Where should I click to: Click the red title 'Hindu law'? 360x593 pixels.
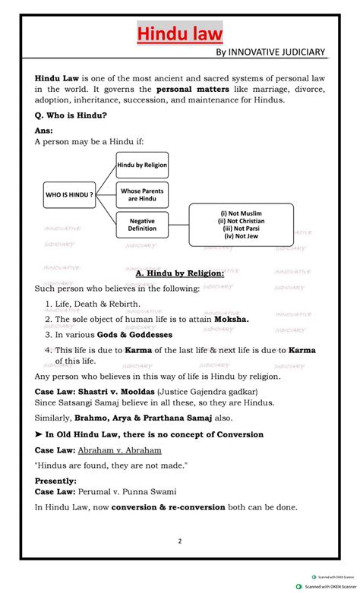click(x=180, y=34)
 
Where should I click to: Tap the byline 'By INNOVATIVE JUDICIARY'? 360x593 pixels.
click(x=270, y=52)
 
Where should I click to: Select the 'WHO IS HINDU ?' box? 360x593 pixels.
click(x=69, y=195)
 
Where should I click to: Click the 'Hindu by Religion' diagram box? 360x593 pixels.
click(x=142, y=165)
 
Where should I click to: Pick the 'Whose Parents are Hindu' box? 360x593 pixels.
click(x=142, y=195)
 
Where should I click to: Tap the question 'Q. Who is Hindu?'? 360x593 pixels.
click(x=71, y=115)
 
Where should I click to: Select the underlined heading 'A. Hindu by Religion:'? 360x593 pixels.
click(x=179, y=273)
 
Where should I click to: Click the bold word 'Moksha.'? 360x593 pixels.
click(x=231, y=320)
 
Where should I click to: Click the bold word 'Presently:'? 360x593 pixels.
click(x=55, y=481)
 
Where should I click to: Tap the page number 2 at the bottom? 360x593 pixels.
click(x=180, y=541)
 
